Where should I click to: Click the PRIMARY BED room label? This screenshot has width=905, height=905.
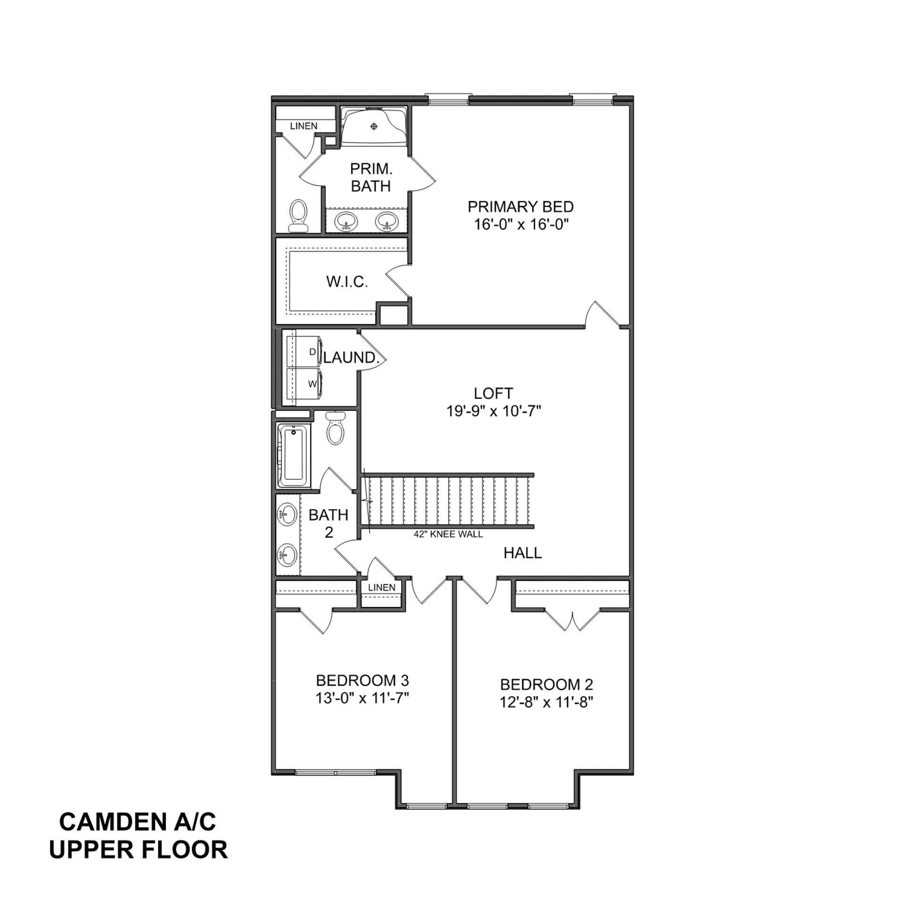520,207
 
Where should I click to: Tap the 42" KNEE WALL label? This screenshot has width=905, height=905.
448,535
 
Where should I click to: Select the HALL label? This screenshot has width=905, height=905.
523,553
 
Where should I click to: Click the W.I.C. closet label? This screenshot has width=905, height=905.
347,282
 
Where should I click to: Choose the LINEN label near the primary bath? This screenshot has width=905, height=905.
304,126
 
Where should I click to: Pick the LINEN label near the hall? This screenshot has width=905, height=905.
381,588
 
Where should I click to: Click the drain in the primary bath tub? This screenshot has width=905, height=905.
374,126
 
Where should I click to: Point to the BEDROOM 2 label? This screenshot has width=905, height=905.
546,684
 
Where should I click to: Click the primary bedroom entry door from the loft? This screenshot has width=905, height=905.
602,314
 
